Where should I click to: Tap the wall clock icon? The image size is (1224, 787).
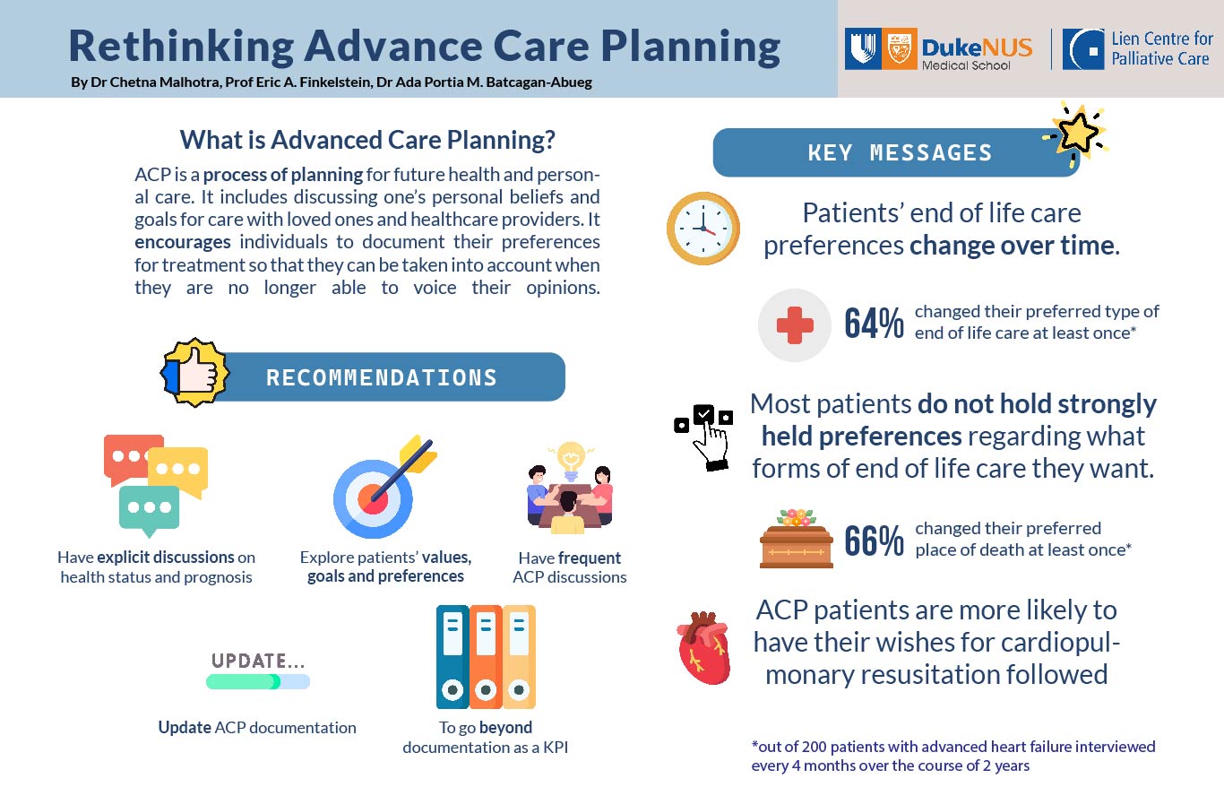point(703,229)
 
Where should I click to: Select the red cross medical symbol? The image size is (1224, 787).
point(795,325)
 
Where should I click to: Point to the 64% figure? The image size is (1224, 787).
point(874,323)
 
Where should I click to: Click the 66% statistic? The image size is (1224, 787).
point(874,541)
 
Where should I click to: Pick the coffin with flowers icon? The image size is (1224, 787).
point(797,539)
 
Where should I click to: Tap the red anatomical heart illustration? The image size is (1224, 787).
point(703,648)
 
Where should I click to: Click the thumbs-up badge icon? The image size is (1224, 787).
point(194,372)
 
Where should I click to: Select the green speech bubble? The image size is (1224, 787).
point(149,511)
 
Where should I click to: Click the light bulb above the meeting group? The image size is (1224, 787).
point(571,460)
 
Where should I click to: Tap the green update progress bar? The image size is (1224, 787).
point(258,681)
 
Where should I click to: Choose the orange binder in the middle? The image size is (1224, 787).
point(486,657)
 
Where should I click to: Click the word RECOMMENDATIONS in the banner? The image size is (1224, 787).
point(382,377)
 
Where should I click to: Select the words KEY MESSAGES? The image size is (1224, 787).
point(900,152)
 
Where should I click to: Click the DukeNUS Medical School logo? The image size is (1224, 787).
point(938,49)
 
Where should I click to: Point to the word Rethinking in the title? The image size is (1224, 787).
point(181,46)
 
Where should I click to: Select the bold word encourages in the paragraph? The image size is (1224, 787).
point(183,241)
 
